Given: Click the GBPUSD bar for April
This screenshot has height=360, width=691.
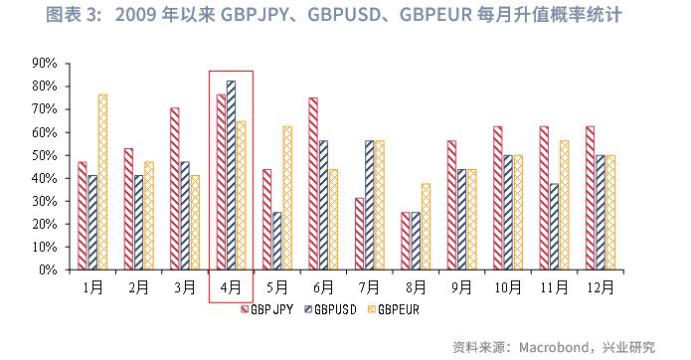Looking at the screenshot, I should click(231, 175).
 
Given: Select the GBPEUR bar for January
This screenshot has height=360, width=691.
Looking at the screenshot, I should click(102, 182).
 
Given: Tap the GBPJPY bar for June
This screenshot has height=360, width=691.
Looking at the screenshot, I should click(313, 183).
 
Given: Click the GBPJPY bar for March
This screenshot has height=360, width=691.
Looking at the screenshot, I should click(174, 188).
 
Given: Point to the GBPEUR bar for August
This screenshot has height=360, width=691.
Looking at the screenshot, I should click(427, 227).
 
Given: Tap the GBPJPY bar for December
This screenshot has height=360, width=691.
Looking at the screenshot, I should click(591, 198).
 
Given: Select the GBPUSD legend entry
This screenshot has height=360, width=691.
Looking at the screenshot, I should click(333, 309).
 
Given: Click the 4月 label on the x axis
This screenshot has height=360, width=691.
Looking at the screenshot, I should click(231, 287).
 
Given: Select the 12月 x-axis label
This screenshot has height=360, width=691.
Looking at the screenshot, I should click(601, 287).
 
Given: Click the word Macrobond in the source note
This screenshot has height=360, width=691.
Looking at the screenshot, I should click(549, 346).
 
